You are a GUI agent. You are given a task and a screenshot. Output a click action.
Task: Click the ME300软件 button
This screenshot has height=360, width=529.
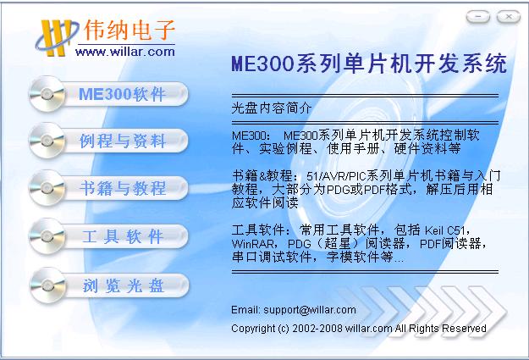[x=108, y=94]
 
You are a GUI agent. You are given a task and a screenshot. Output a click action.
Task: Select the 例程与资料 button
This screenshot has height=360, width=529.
[x=108, y=141]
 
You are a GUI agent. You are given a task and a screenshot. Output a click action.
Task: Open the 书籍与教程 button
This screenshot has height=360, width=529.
[x=108, y=188]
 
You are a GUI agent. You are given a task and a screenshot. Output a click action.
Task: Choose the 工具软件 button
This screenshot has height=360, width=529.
[x=108, y=235]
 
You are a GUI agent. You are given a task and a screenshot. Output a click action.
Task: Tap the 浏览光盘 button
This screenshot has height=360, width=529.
[x=108, y=285]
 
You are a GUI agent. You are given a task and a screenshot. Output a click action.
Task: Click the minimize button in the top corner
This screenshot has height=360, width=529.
[x=478, y=16]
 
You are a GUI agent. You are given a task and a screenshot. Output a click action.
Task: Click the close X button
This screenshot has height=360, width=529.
[x=509, y=16]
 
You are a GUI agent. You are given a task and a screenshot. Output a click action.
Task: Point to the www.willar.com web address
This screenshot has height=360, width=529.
[x=125, y=52]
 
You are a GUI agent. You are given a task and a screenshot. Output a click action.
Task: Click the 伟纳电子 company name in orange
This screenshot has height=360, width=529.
[x=129, y=30]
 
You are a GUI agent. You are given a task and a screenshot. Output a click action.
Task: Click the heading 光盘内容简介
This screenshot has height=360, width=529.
[x=271, y=108]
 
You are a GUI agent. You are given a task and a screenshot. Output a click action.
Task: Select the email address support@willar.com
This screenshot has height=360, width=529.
[x=310, y=310]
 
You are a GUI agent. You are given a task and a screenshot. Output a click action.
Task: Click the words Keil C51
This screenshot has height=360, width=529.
[x=445, y=230]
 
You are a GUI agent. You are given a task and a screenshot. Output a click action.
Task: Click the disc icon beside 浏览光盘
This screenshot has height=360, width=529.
[x=47, y=285]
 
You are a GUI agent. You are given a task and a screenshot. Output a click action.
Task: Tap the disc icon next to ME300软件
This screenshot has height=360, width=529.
[x=47, y=94]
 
